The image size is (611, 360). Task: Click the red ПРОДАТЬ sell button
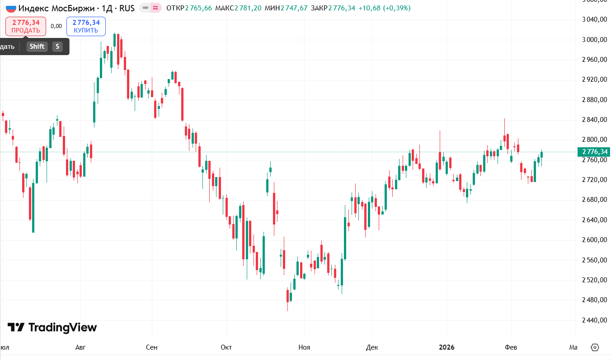[26, 26]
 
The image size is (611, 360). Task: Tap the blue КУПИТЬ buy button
[86, 26]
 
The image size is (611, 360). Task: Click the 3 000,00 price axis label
[593, 40]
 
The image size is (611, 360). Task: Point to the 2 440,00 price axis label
[593, 320]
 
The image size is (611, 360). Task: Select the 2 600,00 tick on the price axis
[593, 240]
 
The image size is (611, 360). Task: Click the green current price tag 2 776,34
[595, 152]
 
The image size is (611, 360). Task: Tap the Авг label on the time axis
[80, 347]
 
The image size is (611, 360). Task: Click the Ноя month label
[304, 347]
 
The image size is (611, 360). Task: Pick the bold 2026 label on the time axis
[446, 347]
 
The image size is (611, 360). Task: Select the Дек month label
[372, 347]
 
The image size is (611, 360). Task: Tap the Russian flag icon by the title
[11, 8]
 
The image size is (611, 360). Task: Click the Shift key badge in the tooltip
[37, 47]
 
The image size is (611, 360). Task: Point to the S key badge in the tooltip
[57, 47]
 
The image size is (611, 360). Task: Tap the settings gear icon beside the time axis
[595, 347]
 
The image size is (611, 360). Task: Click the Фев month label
[511, 347]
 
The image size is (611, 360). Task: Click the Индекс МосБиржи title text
[57, 8]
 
